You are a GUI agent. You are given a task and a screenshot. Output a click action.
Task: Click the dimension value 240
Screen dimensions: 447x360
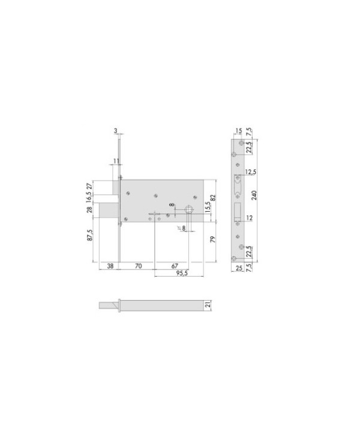pos(254,198)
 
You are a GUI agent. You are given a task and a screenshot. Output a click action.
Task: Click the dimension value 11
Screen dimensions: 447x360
pos(116,161)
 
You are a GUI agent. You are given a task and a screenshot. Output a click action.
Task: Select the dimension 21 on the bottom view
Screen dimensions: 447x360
pos(208,305)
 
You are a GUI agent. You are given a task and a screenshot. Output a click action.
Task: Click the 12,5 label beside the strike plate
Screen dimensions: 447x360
pos(254,173)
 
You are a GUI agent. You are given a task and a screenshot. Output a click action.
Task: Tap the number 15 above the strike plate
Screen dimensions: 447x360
pos(238,131)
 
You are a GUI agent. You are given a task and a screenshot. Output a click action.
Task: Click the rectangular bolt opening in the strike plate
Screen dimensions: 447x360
pos(238,212)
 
